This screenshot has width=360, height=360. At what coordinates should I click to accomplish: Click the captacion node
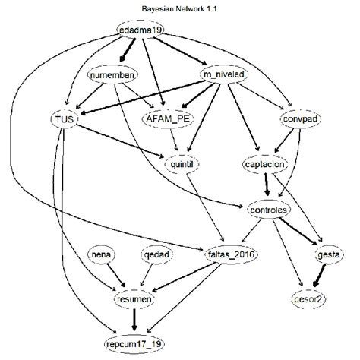264,164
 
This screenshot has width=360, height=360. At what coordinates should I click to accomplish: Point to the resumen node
134,301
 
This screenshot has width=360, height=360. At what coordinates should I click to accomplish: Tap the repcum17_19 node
134,343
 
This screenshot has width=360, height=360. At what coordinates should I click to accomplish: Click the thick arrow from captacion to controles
267,186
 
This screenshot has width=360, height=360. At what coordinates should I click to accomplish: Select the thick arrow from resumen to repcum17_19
134,322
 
